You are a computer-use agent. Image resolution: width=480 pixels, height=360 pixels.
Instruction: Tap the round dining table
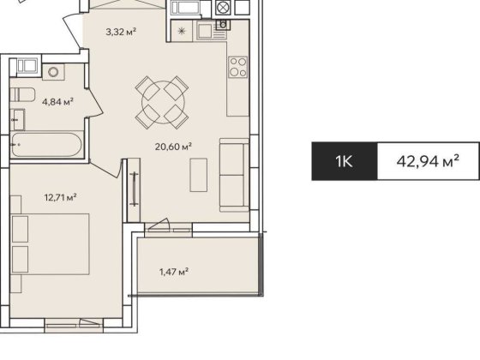click(x=163, y=99)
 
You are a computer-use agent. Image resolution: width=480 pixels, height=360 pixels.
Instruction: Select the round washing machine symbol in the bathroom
click(x=52, y=72)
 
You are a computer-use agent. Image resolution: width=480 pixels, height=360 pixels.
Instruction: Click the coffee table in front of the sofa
click(x=199, y=177)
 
